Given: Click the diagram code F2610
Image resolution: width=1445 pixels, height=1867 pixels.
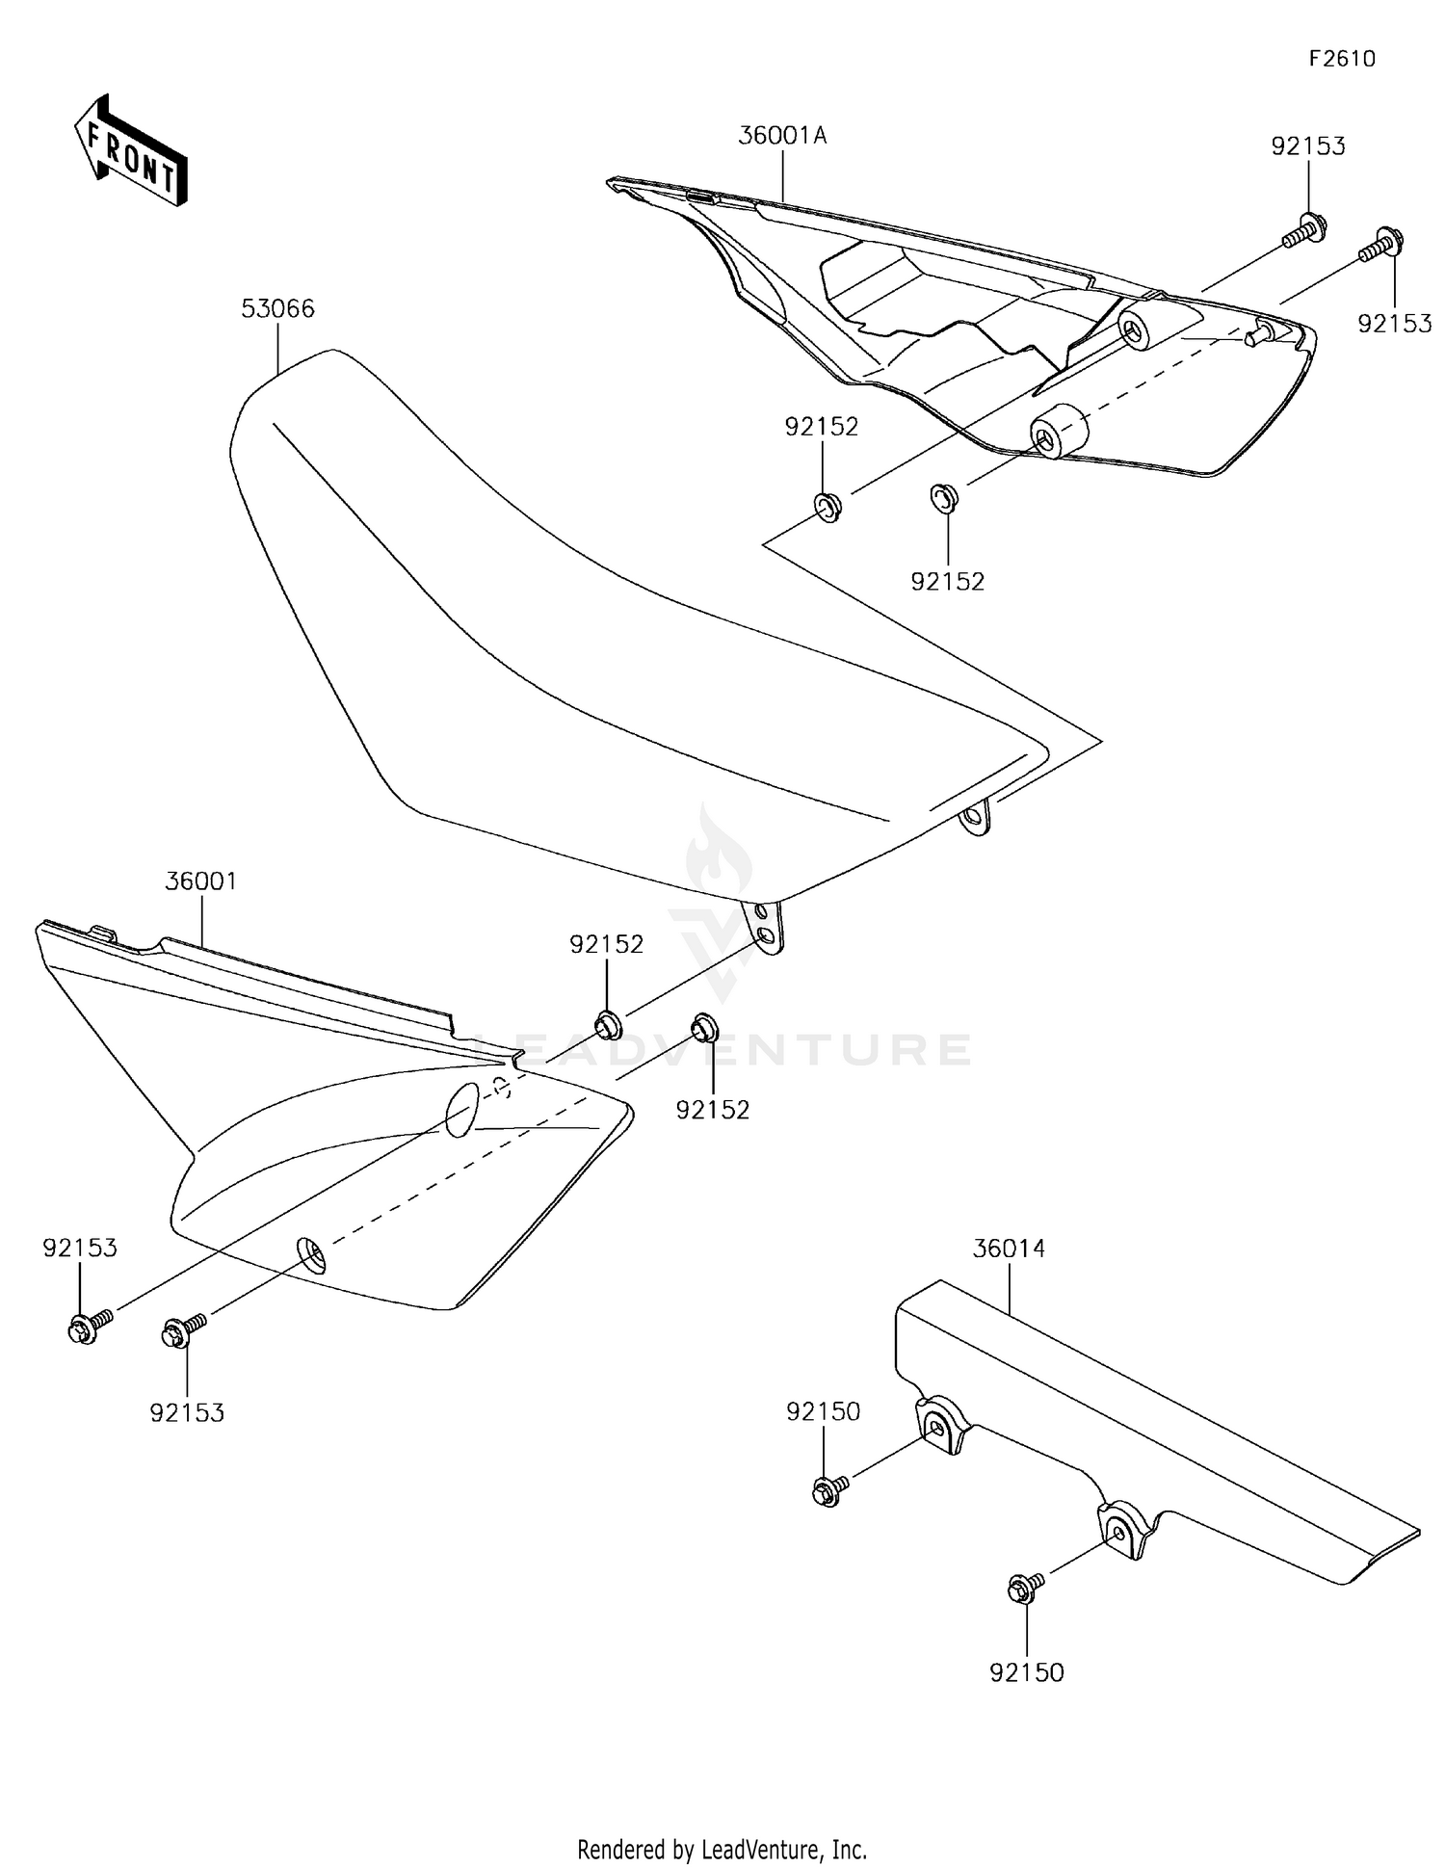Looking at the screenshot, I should pyautogui.click(x=1341, y=59).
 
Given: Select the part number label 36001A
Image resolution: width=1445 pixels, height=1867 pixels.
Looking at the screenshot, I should pyautogui.click(x=782, y=136).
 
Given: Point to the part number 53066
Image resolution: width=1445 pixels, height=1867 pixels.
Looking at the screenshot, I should pyautogui.click(x=277, y=309).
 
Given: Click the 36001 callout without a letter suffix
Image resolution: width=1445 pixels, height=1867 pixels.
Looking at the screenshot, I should pyautogui.click(x=200, y=881).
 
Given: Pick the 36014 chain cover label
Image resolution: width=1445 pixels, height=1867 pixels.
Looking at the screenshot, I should pyautogui.click(x=1009, y=1249).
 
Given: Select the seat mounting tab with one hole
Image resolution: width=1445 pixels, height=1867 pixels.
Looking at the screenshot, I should pyautogui.click(x=976, y=819).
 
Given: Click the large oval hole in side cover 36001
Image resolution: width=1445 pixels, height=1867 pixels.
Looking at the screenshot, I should pyautogui.click(x=462, y=1108).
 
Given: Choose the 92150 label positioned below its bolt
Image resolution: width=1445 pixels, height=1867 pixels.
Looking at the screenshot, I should pyautogui.click(x=1026, y=1672).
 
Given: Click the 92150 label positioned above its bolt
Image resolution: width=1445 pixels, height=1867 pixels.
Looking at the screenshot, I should pyautogui.click(x=823, y=1411).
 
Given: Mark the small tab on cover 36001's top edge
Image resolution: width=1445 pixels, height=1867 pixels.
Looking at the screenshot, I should pyautogui.click(x=103, y=932).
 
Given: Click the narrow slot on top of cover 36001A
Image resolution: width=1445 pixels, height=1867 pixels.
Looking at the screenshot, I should pyautogui.click(x=701, y=197).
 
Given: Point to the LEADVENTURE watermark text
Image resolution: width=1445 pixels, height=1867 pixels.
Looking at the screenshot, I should pyautogui.click(x=722, y=1049).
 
